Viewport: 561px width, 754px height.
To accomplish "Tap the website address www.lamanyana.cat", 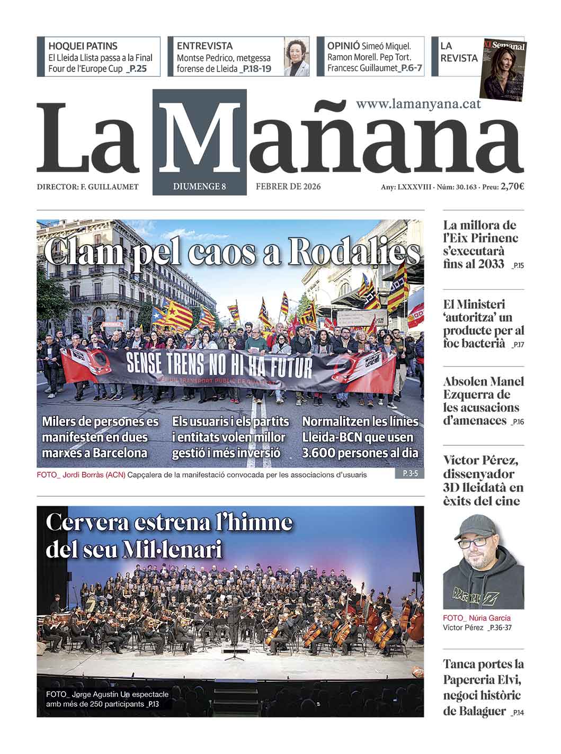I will (x=418, y=104).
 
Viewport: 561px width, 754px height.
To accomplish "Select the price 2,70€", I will (x=512, y=186).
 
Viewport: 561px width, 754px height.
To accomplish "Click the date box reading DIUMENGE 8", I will (x=199, y=186).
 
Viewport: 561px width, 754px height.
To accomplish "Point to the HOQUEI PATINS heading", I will (x=83, y=46).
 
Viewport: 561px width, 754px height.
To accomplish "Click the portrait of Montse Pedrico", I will (x=297, y=57).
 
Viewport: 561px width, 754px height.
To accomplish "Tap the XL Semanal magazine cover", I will (x=503, y=69).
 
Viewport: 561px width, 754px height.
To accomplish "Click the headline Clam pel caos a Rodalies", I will (x=231, y=253).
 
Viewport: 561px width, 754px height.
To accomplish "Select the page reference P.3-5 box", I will (x=410, y=474).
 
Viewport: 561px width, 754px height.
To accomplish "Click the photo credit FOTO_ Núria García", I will (x=477, y=618).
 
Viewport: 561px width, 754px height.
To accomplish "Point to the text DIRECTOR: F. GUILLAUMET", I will (x=87, y=187).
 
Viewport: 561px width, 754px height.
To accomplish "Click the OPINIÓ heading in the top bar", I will (x=343, y=46).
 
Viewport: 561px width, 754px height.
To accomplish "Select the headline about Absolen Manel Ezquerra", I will (x=483, y=401).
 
